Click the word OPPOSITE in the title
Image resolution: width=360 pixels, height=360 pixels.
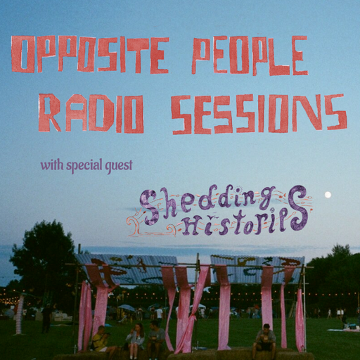(91, 56)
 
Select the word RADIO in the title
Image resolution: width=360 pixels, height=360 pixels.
(91, 112)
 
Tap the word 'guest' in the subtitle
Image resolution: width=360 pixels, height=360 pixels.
(118, 167)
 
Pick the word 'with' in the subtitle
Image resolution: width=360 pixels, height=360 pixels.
(52, 166)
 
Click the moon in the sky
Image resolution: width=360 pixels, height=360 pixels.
(328, 195)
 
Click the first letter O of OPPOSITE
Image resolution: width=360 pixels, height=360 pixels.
(23, 56)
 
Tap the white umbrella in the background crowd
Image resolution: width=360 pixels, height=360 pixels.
(127, 308)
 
